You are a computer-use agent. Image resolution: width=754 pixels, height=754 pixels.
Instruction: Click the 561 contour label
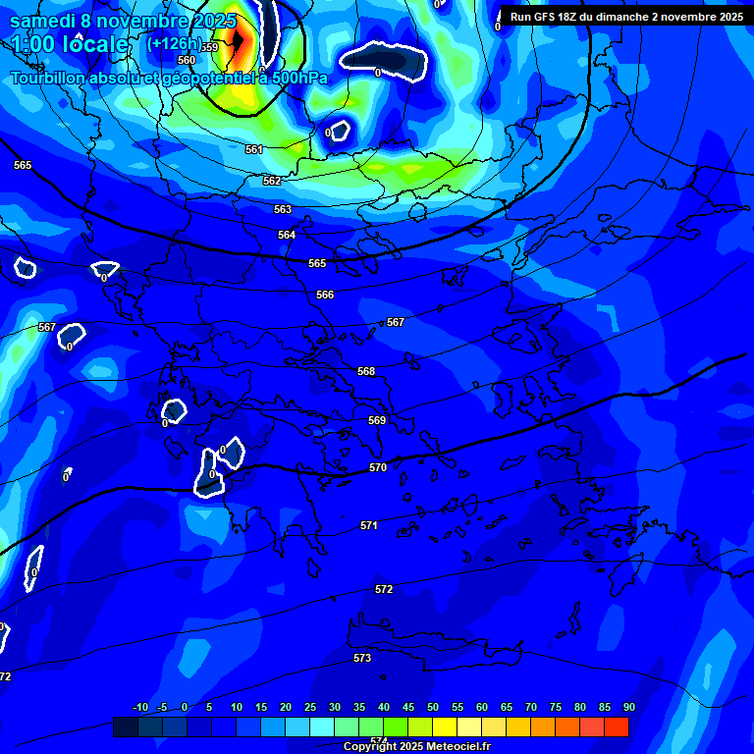click(254, 149)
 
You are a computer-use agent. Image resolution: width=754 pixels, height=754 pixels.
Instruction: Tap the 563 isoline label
click(283, 209)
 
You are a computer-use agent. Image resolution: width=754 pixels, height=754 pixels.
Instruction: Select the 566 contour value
click(325, 295)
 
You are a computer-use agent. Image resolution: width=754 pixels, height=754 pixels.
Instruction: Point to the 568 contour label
click(366, 371)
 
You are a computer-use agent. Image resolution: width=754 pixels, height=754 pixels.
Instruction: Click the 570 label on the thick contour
click(378, 467)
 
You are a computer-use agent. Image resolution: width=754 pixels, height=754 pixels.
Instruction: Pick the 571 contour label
click(369, 525)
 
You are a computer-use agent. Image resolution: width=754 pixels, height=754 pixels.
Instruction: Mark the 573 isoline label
click(362, 658)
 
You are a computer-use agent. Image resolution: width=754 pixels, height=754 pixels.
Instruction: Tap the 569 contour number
click(377, 420)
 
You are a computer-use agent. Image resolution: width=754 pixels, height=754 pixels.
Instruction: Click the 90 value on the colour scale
click(628, 707)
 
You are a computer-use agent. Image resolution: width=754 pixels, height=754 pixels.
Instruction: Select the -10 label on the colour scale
click(140, 707)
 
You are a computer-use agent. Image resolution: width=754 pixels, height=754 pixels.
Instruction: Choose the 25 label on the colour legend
click(309, 707)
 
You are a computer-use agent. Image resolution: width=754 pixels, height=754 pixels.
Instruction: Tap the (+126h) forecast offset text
click(174, 43)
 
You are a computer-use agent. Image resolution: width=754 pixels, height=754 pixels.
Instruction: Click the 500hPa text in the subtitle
click(297, 78)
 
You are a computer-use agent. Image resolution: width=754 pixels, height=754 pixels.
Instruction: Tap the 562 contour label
click(272, 181)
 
